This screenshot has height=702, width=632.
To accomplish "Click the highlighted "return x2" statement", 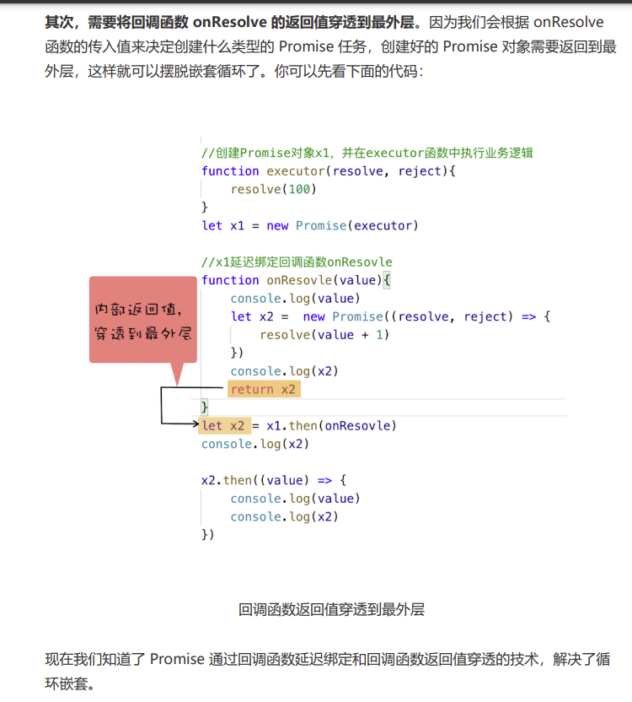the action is (x=263, y=389).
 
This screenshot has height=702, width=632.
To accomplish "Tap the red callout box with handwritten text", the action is (x=142, y=321).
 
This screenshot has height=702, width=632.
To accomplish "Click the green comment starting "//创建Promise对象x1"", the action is (x=367, y=153).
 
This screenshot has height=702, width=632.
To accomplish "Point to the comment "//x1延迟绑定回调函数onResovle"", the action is (x=297, y=262).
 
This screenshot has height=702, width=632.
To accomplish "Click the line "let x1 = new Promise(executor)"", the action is (x=309, y=225).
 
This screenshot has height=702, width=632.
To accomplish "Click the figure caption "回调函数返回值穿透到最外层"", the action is (x=330, y=608).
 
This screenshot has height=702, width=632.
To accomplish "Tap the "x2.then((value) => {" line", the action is (x=273, y=480).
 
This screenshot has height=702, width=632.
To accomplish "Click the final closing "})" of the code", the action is (x=207, y=534).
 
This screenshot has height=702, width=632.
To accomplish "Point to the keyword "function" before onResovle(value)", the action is (x=230, y=280).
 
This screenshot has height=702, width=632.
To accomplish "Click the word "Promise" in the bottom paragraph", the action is (x=177, y=659).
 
